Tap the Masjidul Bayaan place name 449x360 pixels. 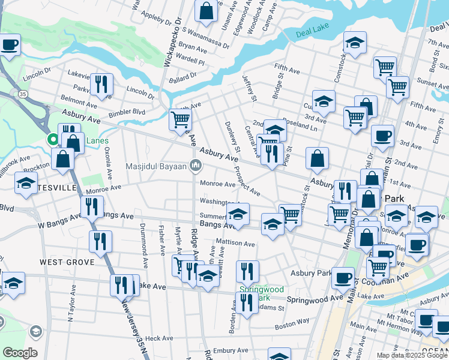pos(157,166)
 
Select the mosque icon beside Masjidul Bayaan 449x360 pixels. pos(194,166)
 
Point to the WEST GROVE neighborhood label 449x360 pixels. pos(67,262)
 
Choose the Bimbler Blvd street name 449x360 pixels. pos(127,112)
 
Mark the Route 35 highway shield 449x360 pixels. pos(22,94)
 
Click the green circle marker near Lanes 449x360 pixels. pos(53,140)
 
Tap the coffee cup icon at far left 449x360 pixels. pos(10,45)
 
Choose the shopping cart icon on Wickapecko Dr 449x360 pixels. pos(180,120)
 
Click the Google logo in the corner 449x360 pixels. pos(20,353)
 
